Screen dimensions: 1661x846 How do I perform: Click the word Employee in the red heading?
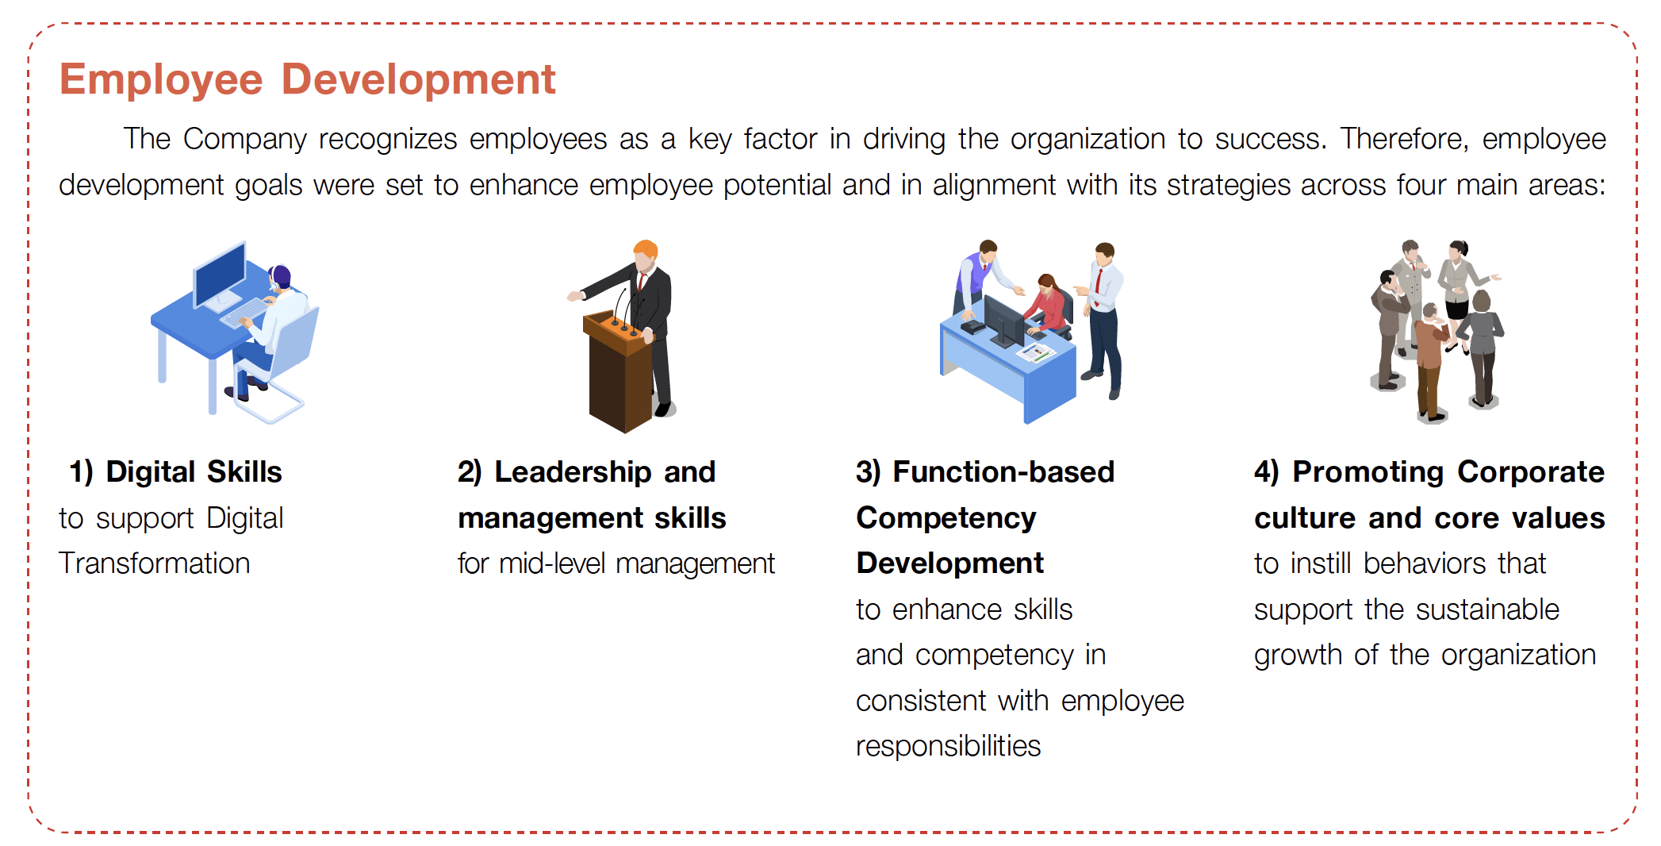pyautogui.click(x=161, y=81)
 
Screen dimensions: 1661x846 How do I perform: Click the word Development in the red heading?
pyautogui.click(x=419, y=81)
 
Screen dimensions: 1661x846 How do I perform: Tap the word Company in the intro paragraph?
pyautogui.click(x=244, y=140)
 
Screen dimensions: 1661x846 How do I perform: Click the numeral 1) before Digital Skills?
pyautogui.click(x=82, y=472)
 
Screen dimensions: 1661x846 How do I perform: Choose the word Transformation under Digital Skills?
pyautogui.click(x=155, y=563)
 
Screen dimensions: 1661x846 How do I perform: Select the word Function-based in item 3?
pyautogui.click(x=1003, y=472)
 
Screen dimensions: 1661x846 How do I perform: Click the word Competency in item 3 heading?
pyautogui.click(x=946, y=518)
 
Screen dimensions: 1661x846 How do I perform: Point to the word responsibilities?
pyautogui.click(x=949, y=747)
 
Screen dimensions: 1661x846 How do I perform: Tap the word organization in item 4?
pyautogui.click(x=1518, y=656)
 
